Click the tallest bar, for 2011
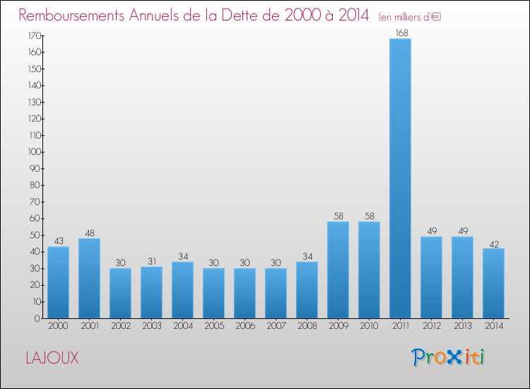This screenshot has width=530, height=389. tap(400, 178)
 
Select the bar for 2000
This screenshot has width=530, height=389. tap(58, 282)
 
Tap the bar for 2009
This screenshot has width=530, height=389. tap(338, 270)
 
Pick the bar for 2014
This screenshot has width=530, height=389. tap(493, 283)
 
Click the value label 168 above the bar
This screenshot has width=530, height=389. tap(400, 33)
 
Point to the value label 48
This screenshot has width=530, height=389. tap(89, 233)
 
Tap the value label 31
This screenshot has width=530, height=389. tap(151, 262)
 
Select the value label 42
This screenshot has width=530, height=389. tap(493, 243)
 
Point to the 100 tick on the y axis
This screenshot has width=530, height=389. tap(34, 152)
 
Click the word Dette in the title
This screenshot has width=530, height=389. tap(240, 15)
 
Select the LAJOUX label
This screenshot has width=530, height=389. tap(52, 358)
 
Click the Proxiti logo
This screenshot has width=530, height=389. tap(448, 357)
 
